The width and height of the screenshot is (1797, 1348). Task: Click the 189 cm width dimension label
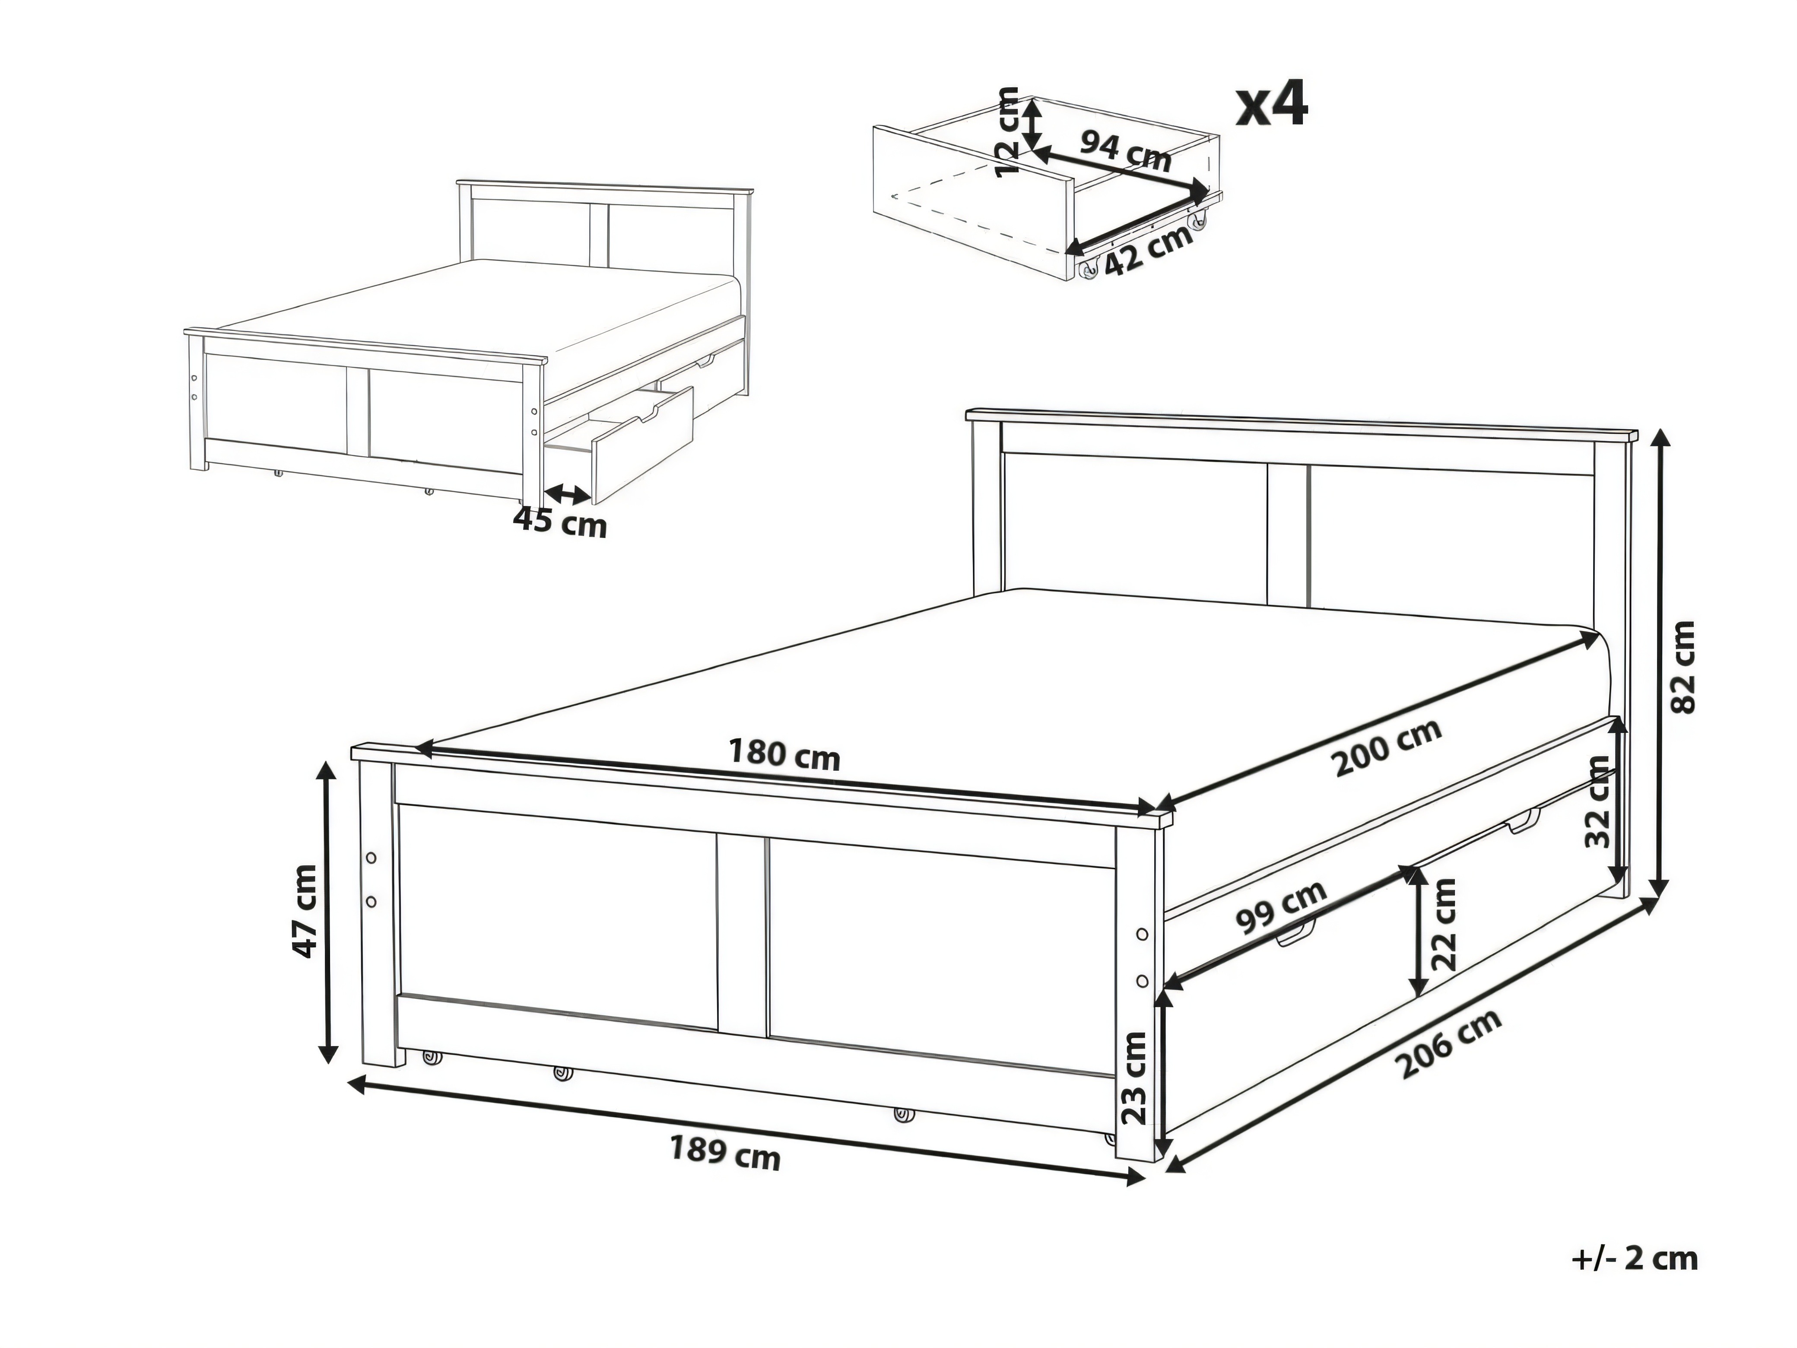[x=725, y=1154]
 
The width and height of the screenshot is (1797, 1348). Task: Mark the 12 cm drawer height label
[x=1007, y=132]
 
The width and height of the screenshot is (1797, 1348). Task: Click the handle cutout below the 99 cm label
[x=1297, y=937]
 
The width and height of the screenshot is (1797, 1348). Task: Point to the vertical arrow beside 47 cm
[x=328, y=912]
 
